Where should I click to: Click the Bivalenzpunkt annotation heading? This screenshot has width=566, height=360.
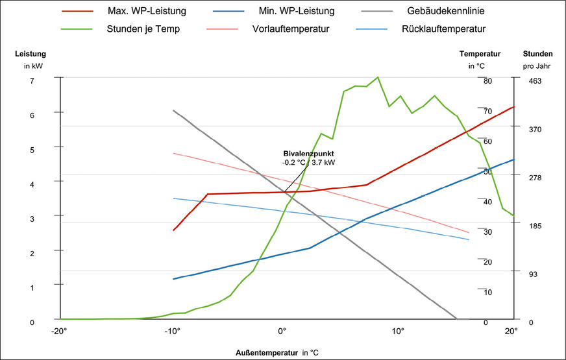coord(308,154)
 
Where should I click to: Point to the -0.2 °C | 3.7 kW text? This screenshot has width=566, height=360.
coord(308,162)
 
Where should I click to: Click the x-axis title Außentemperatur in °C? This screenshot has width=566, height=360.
coord(277,353)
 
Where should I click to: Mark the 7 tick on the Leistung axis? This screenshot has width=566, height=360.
coord(31,80)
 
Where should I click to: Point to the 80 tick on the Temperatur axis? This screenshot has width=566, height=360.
coord(487,81)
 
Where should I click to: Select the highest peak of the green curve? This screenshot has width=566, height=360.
coord(377,77)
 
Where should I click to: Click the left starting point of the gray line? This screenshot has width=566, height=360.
coord(173,110)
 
